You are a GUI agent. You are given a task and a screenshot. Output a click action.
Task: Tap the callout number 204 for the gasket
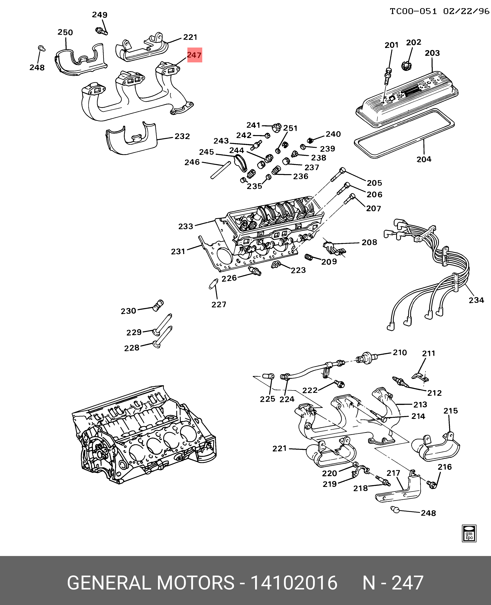424,159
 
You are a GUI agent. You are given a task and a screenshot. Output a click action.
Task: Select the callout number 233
186,226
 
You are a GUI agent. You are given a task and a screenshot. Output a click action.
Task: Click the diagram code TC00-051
413,11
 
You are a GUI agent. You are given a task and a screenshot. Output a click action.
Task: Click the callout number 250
65,32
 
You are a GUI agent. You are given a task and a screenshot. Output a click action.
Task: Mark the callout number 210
400,353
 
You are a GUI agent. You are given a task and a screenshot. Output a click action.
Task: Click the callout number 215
451,411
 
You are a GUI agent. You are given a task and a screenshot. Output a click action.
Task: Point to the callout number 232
182,136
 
